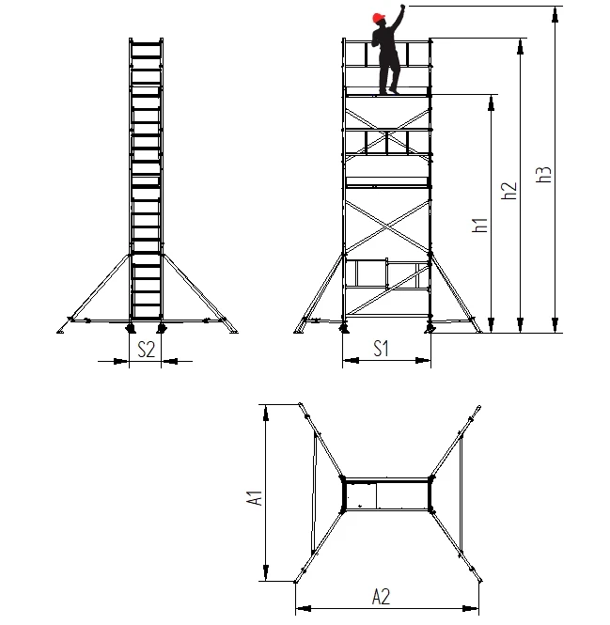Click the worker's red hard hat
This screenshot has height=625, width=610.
379,18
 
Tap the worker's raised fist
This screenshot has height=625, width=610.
402,7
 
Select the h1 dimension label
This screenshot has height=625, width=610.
480,226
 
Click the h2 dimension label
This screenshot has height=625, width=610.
509,191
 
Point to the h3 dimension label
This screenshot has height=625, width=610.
543,174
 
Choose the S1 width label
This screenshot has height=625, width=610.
382,349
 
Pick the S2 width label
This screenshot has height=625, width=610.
146,350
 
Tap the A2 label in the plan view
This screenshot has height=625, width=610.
381,597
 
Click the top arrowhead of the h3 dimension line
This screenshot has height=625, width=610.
555,14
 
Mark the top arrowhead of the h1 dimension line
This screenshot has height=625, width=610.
492,102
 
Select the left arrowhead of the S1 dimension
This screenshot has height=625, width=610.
351,360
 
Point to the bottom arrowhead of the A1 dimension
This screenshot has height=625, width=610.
266,572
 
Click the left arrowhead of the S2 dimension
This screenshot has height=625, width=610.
121,361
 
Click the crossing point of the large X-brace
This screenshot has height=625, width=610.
387,227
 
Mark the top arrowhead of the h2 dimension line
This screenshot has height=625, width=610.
520,46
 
